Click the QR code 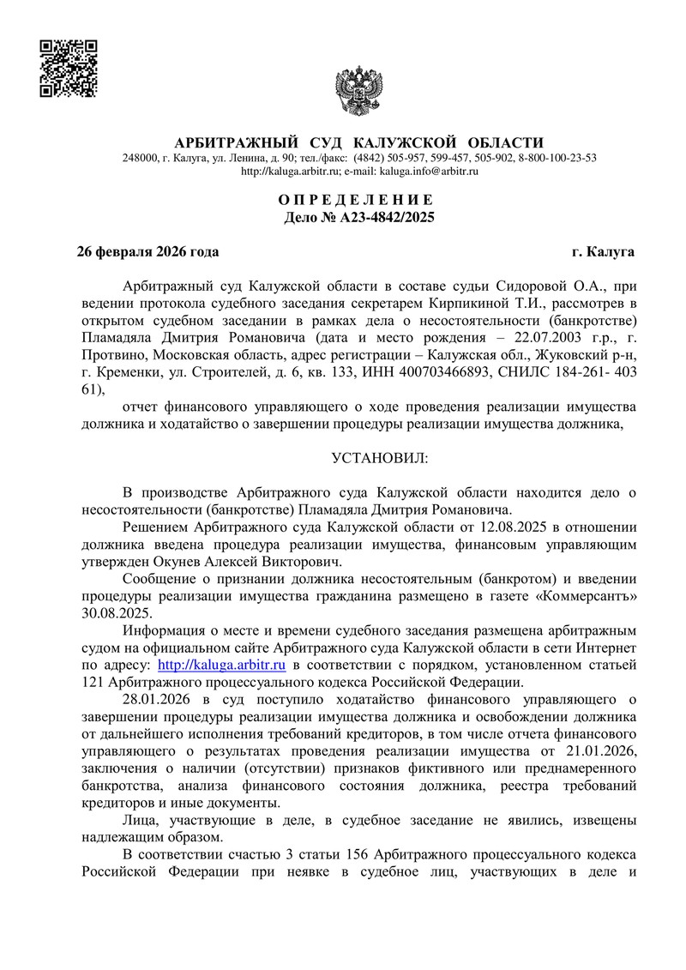tap(69, 68)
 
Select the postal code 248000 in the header tap(141, 158)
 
